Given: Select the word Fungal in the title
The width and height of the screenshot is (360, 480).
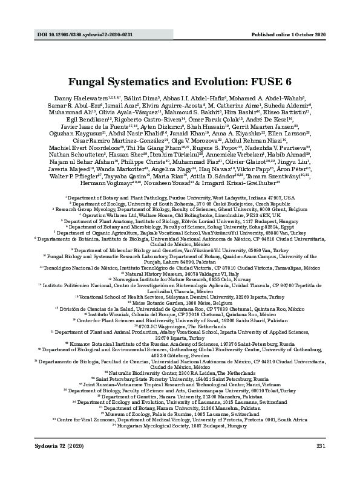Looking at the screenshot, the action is (x=88, y=80).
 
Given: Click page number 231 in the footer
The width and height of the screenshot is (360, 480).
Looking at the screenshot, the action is (x=321, y=462).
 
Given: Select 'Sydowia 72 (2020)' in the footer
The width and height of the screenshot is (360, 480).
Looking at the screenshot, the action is (x=53, y=462).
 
